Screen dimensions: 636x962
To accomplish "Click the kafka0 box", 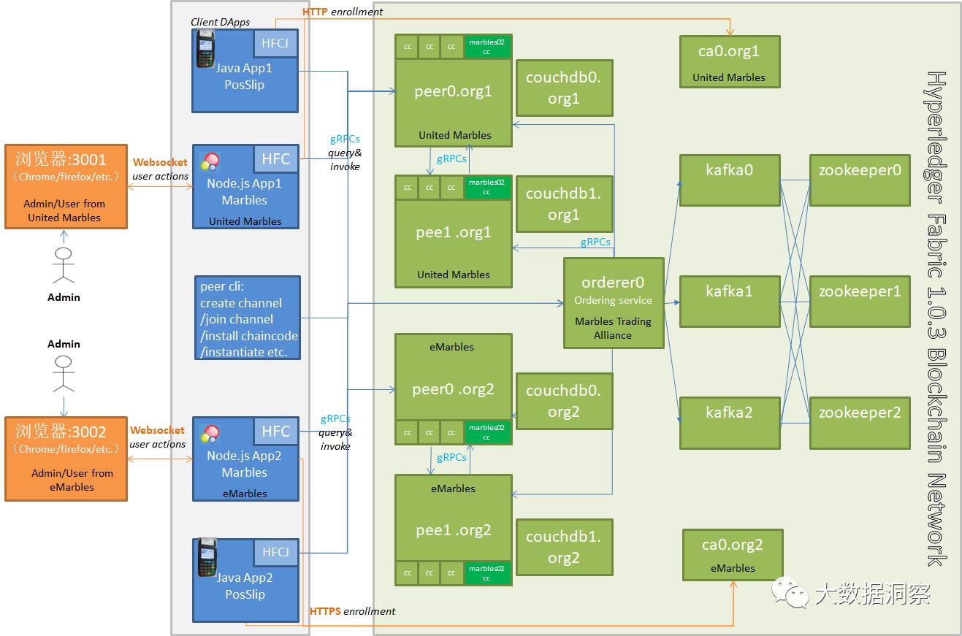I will (730, 180).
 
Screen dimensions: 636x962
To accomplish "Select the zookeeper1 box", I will (859, 301).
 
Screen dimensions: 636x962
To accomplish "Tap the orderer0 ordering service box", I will (613, 302).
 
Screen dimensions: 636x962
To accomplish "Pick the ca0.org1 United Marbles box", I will (729, 61).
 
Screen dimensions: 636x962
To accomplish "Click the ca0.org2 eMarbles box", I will (733, 555).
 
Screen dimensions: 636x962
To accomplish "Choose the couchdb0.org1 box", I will (563, 88).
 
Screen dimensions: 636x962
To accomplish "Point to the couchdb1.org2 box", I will (563, 547).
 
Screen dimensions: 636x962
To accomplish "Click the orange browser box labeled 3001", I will (66, 187).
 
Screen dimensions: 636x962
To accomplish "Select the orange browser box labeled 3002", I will (66, 459).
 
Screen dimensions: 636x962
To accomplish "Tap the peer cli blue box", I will (248, 318).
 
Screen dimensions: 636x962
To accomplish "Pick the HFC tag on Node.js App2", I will (276, 431).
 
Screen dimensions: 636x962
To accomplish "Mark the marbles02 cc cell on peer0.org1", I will (486, 47).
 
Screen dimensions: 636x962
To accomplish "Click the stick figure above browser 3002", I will (64, 373).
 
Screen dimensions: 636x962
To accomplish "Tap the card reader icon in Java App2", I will (207, 557).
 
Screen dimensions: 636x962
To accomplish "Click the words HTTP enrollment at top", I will (343, 12).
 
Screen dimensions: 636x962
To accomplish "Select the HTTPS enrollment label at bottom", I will (352, 611).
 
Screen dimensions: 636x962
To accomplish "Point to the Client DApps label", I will (220, 22).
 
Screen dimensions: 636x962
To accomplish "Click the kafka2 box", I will (730, 422).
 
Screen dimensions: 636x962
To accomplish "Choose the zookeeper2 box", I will (859, 422).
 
